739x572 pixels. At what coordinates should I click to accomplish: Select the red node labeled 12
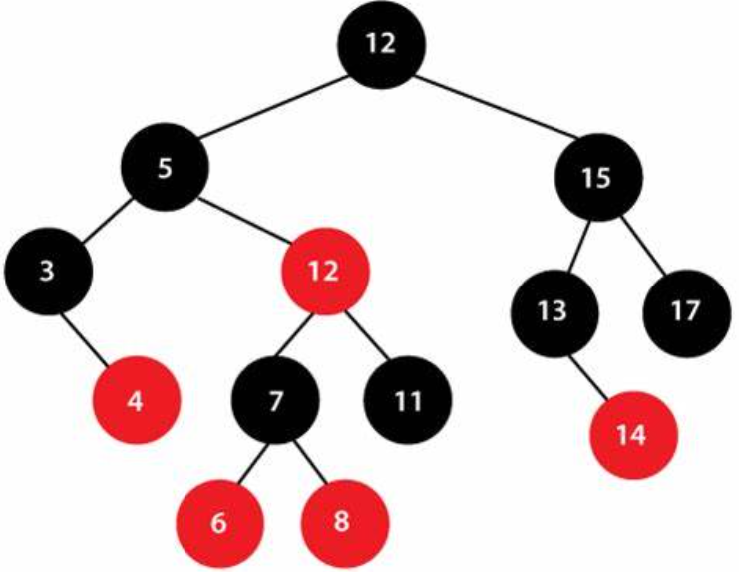(324, 270)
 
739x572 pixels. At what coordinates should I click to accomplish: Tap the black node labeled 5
(166, 168)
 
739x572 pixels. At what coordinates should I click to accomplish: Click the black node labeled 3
(49, 271)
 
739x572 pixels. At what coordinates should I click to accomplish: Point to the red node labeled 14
(635, 435)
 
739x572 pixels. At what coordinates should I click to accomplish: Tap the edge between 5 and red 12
(244, 219)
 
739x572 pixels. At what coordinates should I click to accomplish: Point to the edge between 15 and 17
(642, 243)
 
